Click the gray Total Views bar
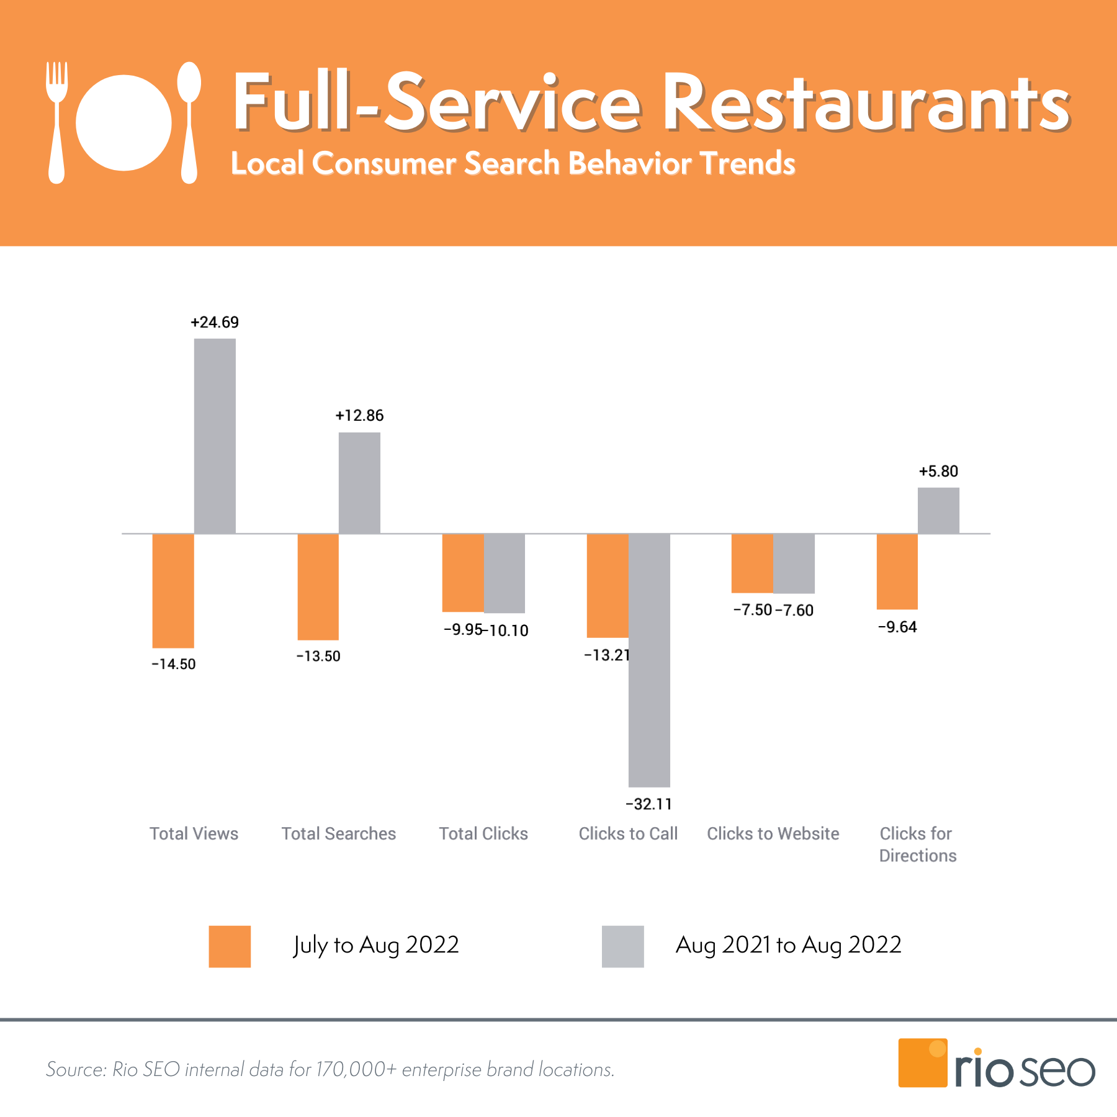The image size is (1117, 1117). click(215, 436)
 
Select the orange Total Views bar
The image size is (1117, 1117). click(173, 590)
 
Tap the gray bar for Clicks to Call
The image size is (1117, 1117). click(649, 660)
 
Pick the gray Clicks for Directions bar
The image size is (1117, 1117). click(938, 510)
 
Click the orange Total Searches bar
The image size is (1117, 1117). click(318, 586)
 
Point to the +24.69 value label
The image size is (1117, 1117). click(215, 322)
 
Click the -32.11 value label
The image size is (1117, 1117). click(648, 804)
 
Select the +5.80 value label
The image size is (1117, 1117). click(938, 471)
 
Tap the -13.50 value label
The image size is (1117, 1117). click(318, 656)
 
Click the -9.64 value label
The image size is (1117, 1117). click(897, 627)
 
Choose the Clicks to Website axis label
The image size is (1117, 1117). click(773, 833)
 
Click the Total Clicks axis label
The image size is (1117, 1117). click(483, 833)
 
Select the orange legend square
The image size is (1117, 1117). click(230, 946)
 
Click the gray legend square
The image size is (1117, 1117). click(622, 946)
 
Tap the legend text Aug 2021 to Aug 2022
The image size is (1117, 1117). click(788, 945)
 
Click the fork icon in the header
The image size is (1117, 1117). click(56, 122)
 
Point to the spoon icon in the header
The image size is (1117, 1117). click(189, 122)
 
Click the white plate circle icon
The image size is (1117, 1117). click(123, 123)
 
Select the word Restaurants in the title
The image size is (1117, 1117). click(866, 102)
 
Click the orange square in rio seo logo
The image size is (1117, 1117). click(922, 1062)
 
